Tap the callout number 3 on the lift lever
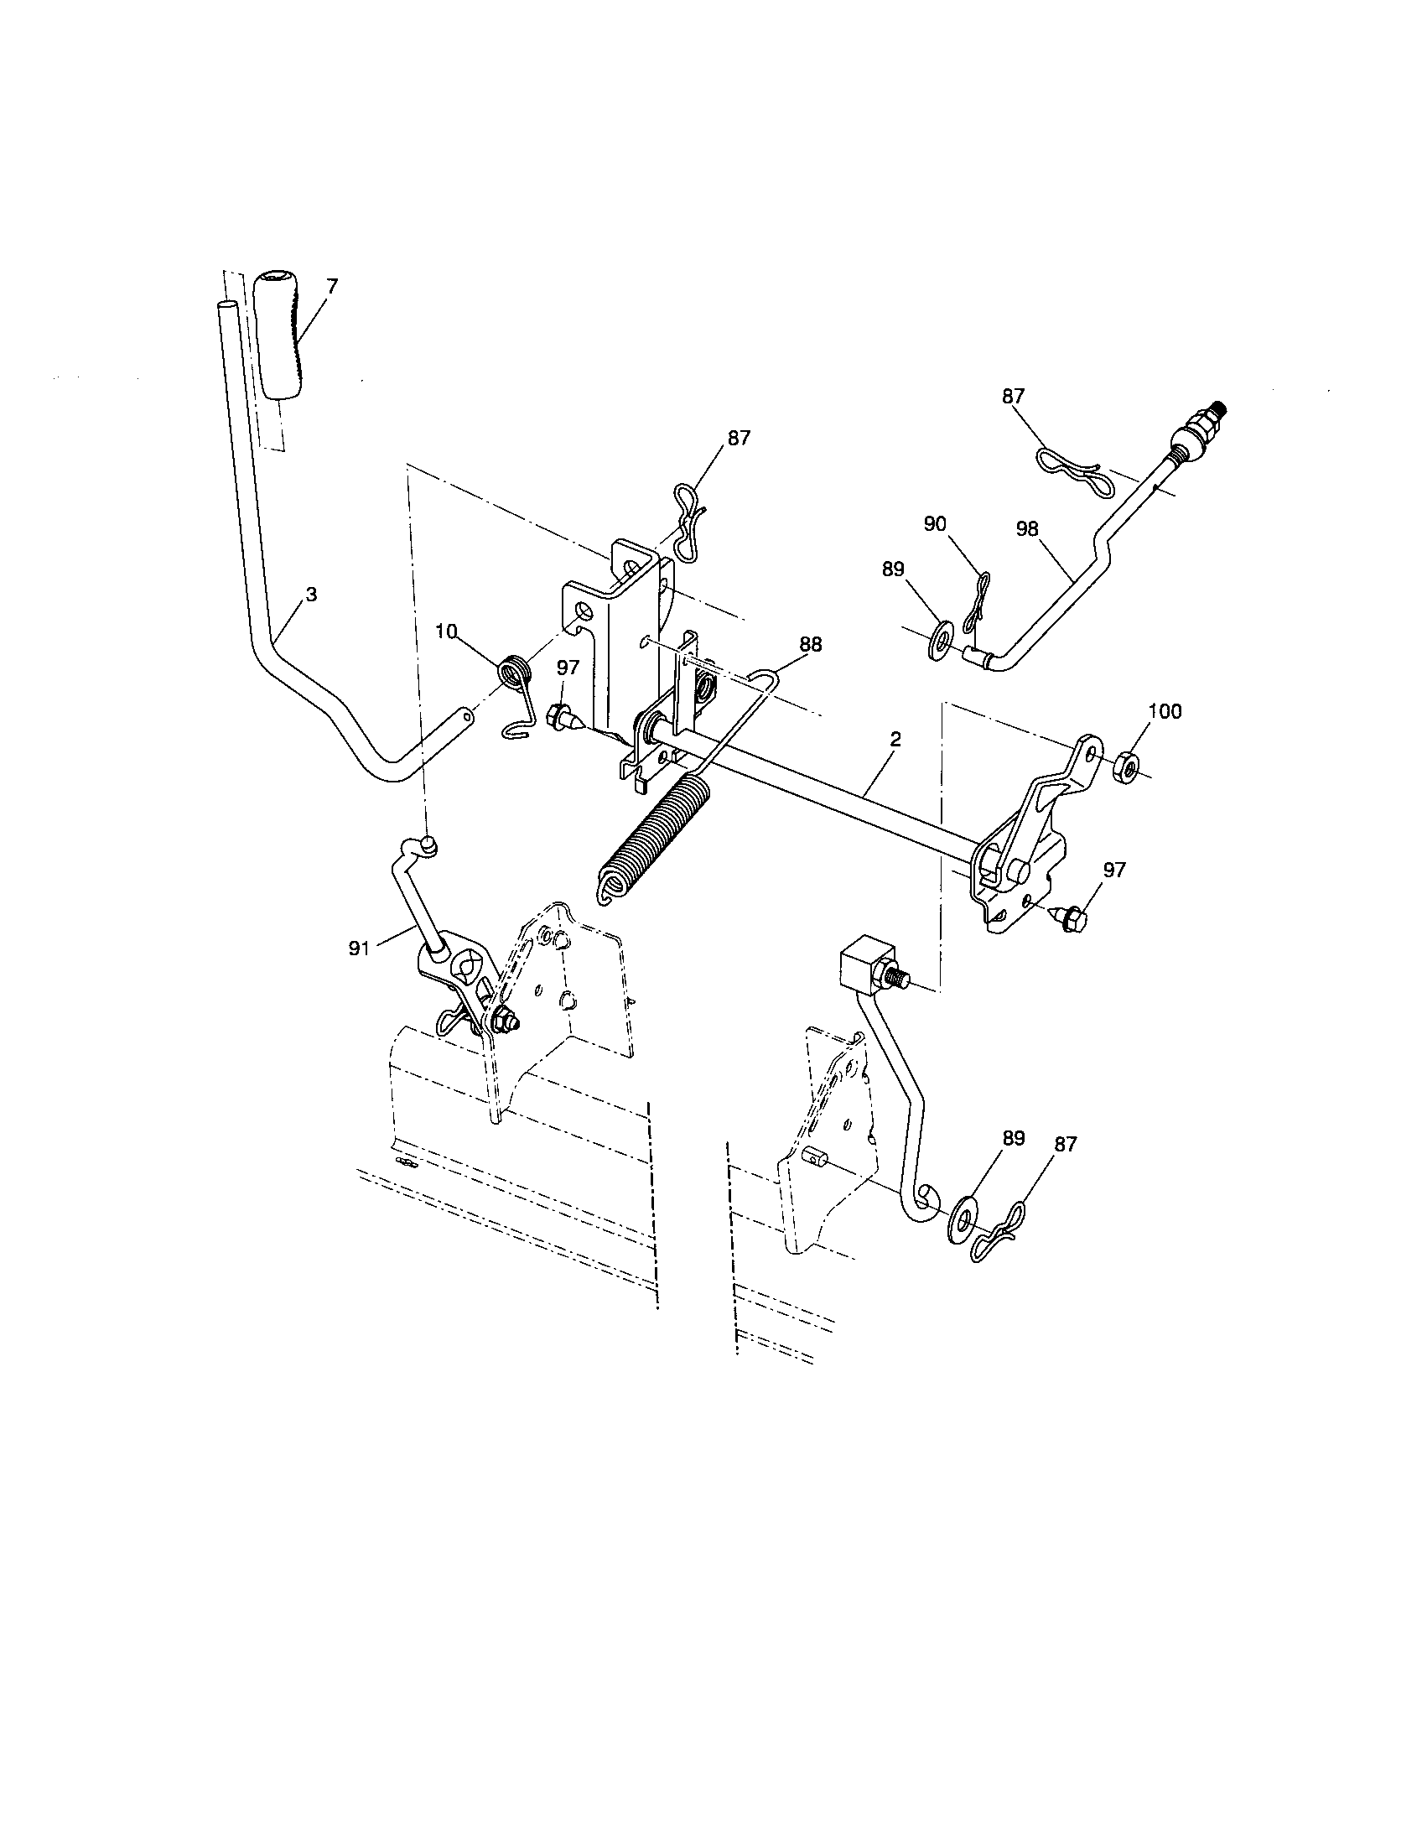[311, 595]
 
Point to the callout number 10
[447, 630]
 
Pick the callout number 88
[810, 645]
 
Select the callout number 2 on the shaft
[895, 738]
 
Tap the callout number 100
[1165, 711]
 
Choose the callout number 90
[935, 524]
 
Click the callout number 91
[359, 948]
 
